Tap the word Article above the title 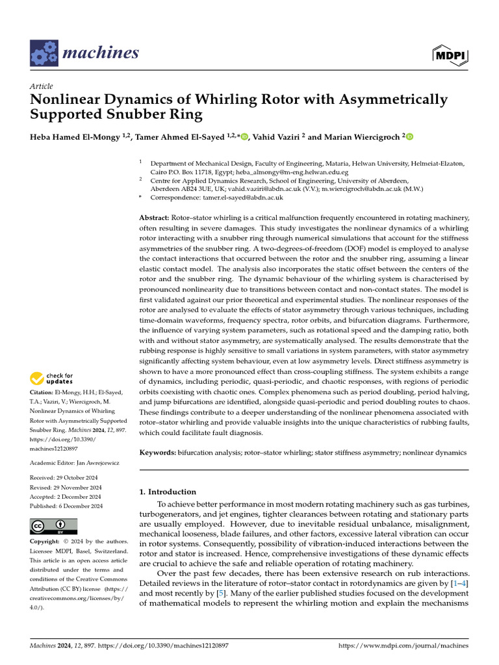42,86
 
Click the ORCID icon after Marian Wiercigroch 409,137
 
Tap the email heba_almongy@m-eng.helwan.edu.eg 291,173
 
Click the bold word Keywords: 157,451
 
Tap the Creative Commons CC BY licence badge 54,526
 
